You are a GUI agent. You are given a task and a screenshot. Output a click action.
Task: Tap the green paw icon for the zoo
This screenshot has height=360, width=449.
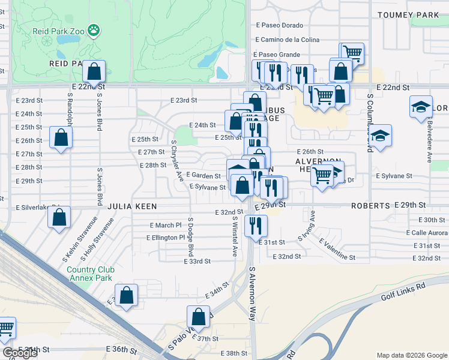93,29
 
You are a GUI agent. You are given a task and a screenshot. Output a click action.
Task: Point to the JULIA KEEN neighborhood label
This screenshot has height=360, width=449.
132,206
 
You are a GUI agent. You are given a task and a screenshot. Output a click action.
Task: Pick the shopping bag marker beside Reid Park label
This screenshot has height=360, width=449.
94,72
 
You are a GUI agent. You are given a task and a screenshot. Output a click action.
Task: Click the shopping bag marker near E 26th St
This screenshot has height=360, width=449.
61,137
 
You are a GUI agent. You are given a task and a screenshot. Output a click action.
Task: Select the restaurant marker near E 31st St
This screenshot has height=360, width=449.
256,226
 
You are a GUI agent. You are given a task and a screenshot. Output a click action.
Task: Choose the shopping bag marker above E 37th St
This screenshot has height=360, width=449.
198,317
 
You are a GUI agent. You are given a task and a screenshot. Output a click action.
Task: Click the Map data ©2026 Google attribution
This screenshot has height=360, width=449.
412,355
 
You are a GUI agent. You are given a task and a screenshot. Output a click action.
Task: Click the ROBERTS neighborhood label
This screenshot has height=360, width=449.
370,205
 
